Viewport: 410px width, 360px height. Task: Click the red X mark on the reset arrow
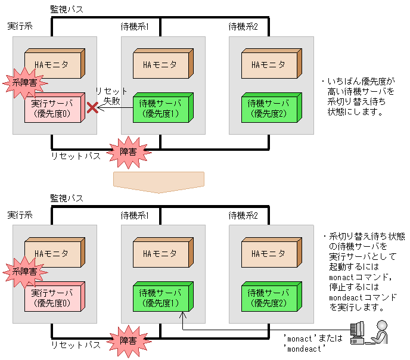pos(92,108)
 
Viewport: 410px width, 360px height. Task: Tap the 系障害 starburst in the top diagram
pos(24,83)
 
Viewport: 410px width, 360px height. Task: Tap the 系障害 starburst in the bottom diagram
pos(24,271)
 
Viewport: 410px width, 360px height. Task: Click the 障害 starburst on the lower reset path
pos(128,340)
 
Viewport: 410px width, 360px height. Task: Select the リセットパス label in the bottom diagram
pos(75,345)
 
